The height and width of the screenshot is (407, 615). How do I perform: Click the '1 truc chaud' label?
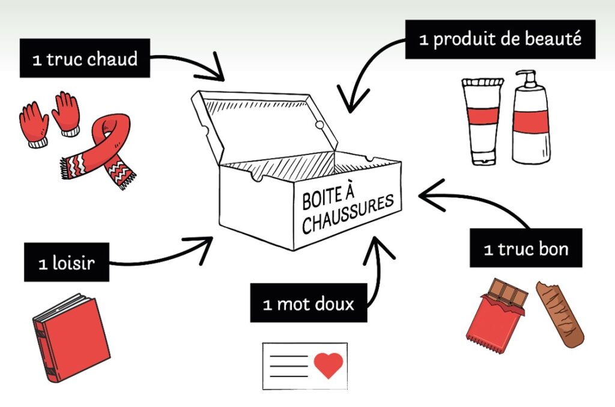[x=85, y=58]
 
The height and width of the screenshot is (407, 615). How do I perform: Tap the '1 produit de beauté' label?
[x=500, y=39]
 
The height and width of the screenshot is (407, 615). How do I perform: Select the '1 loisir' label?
[x=67, y=262]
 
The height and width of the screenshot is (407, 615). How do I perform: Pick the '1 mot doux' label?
[x=309, y=303]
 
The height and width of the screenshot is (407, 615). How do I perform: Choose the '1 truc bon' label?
[x=526, y=248]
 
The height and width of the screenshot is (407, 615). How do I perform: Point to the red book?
[x=71, y=338]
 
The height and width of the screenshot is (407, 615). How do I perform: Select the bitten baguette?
[x=560, y=314]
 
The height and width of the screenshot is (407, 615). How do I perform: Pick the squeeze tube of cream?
[x=482, y=121]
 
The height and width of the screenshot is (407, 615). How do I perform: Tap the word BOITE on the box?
[x=323, y=199]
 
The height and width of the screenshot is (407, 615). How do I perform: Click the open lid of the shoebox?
[x=264, y=125]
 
